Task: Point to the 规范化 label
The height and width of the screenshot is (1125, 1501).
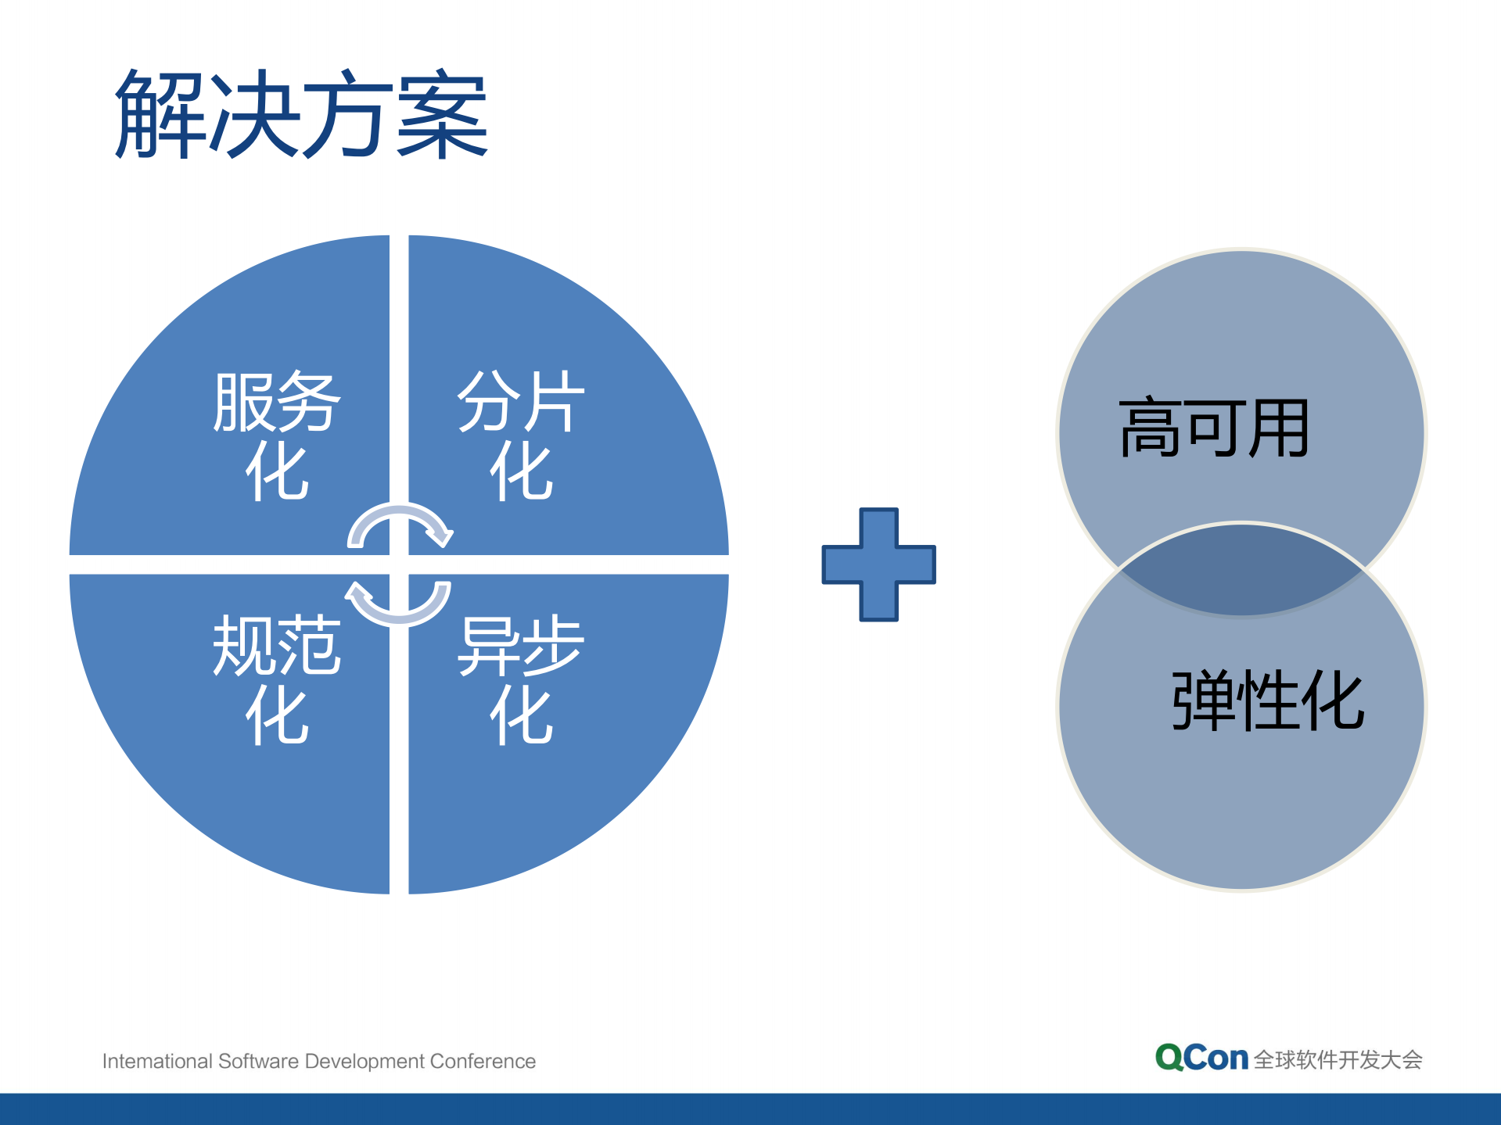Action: coord(277,679)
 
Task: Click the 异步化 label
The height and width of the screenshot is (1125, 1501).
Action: coord(521,679)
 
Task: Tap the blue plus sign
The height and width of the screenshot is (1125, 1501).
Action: coord(878,564)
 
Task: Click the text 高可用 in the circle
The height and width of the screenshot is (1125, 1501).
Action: coord(1214,428)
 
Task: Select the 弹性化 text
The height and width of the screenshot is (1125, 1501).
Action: coord(1267,700)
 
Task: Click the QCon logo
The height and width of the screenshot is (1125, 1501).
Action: coord(1201,1058)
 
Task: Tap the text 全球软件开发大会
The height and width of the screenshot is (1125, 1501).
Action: coord(1338,1060)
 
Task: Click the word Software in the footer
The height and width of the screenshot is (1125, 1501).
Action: coord(259,1061)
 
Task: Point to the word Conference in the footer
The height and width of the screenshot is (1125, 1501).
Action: coord(483,1061)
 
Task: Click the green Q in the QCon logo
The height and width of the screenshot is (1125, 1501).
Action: coord(1169,1058)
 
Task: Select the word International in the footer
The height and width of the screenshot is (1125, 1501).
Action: coord(157,1061)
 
